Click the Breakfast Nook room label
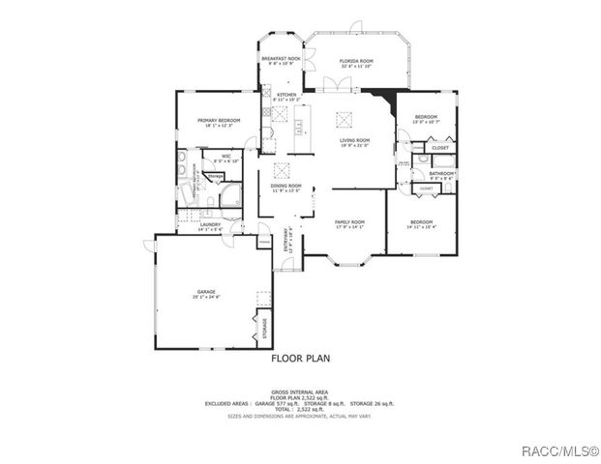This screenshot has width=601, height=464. [x=281, y=60]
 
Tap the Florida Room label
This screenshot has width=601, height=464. [x=355, y=62]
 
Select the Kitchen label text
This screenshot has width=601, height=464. [x=285, y=95]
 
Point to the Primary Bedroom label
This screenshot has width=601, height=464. [x=218, y=121]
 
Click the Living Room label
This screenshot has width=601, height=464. [x=354, y=141]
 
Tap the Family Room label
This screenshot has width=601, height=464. [x=348, y=222]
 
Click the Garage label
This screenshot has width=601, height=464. [x=205, y=291]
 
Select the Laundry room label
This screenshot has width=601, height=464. [x=210, y=225]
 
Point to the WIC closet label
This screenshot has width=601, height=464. [x=225, y=156]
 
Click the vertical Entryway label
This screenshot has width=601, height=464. [x=287, y=238]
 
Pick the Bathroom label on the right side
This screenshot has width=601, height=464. [x=441, y=174]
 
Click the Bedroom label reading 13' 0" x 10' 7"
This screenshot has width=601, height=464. [x=426, y=118]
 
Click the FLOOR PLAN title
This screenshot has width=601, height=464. [x=300, y=358]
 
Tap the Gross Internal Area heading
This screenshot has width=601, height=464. [x=300, y=392]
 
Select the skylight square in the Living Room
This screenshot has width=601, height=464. [x=340, y=119]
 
